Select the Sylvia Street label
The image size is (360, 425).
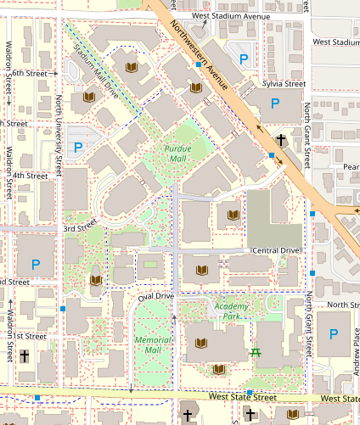pyautogui.click(x=284, y=84)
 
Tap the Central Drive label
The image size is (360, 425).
pyautogui.click(x=276, y=251)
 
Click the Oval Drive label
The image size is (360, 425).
pyautogui.click(x=155, y=296)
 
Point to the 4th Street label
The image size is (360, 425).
pyautogui.click(x=31, y=176)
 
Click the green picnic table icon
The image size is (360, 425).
pyautogui.click(x=255, y=352)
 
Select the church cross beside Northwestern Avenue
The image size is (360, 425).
pyautogui.click(x=280, y=138)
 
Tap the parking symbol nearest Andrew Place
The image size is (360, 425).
pyautogui.click(x=333, y=337)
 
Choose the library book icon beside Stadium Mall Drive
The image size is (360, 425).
pyautogui.click(x=132, y=66)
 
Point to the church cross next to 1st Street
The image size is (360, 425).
pyautogui.click(x=25, y=357)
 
